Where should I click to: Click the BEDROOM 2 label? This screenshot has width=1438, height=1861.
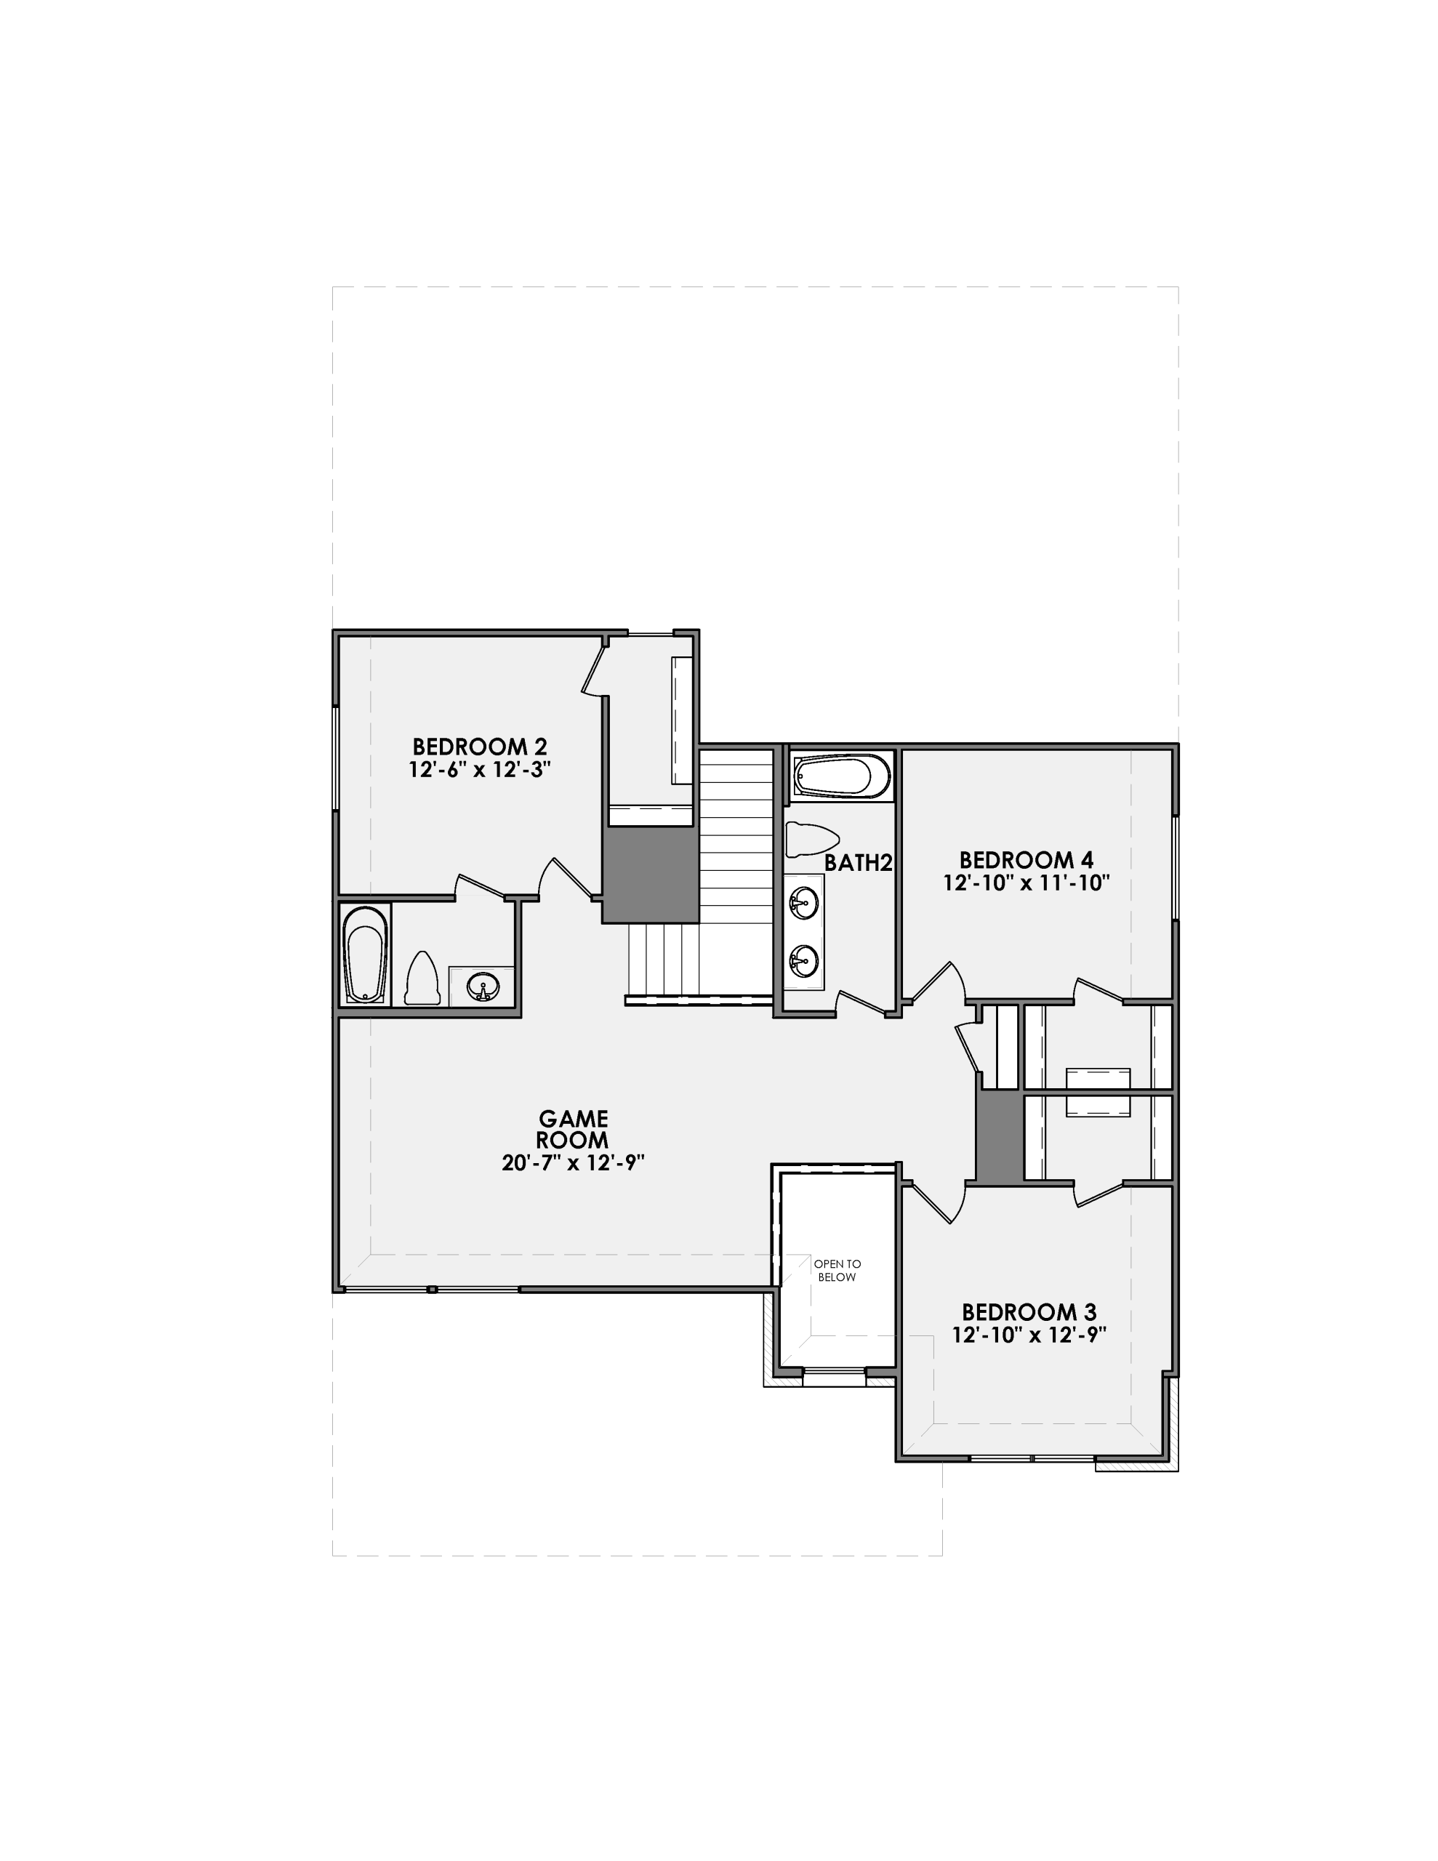[x=479, y=747]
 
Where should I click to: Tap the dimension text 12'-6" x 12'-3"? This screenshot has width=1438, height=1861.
[x=479, y=769]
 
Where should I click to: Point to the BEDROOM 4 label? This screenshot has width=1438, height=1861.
[x=1026, y=860]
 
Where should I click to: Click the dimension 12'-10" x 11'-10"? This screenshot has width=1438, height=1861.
[x=1026, y=883]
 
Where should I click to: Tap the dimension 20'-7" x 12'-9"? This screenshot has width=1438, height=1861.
[x=572, y=1162]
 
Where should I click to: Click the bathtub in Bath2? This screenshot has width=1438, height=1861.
[x=840, y=776]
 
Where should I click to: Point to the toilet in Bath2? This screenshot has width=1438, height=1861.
[x=811, y=840]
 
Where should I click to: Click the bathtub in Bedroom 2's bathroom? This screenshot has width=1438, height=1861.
[x=365, y=954]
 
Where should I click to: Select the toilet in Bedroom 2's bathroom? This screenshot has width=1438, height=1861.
[x=421, y=980]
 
